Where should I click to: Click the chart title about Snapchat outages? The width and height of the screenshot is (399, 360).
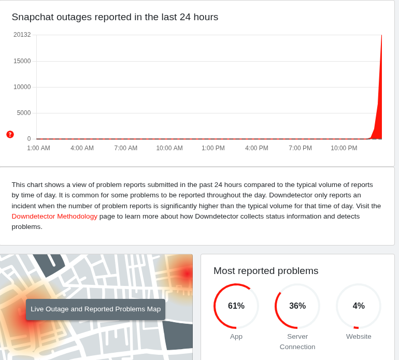[115, 17]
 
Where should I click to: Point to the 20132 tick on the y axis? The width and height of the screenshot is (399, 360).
[22, 35]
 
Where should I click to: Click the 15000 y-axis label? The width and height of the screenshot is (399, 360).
[22, 61]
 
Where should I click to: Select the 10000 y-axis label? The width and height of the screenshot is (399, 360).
[22, 87]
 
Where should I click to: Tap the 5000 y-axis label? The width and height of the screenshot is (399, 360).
[24, 113]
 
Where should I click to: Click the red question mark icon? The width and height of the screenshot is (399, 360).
[10, 134]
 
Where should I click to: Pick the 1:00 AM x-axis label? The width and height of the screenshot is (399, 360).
[38, 148]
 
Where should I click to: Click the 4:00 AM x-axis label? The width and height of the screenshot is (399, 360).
[82, 148]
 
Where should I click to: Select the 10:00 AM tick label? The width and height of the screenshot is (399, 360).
[169, 148]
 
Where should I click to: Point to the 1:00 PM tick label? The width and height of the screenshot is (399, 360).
[213, 148]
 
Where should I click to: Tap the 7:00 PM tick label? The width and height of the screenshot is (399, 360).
[300, 148]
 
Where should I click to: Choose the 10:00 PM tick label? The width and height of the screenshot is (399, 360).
[344, 148]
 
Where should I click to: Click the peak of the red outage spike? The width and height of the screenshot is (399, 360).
[381, 36]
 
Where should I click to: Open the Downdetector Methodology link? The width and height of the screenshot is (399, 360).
[54, 216]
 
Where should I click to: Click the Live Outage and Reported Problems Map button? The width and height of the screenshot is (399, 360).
[95, 309]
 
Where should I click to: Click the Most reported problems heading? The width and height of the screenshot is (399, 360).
[266, 271]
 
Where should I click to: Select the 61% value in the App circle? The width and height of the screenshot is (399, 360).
[236, 306]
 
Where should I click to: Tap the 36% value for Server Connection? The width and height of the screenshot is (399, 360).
[297, 306]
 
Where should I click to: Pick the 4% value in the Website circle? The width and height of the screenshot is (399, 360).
[359, 306]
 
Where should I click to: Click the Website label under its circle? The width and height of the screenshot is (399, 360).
[359, 337]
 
